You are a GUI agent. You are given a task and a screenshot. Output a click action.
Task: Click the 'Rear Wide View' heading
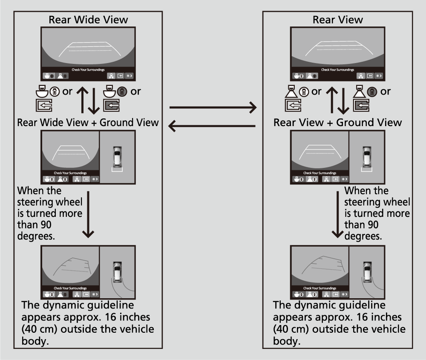[88, 20]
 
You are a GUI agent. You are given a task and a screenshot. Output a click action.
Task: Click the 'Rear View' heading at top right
[337, 20]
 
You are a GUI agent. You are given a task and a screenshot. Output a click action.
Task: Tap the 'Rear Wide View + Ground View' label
[88, 123]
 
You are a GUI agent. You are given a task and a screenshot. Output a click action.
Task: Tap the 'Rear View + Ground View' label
[337, 123]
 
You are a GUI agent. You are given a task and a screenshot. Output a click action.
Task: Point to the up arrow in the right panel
[333, 100]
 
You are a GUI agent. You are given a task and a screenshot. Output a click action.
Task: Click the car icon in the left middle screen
[117, 156]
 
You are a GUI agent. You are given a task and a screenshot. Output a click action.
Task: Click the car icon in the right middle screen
[366, 156]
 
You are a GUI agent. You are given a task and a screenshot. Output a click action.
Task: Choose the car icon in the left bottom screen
[117, 271]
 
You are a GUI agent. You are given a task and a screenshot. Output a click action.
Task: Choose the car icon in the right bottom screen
[366, 271]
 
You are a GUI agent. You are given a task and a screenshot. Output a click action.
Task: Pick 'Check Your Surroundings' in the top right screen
[337, 69]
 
